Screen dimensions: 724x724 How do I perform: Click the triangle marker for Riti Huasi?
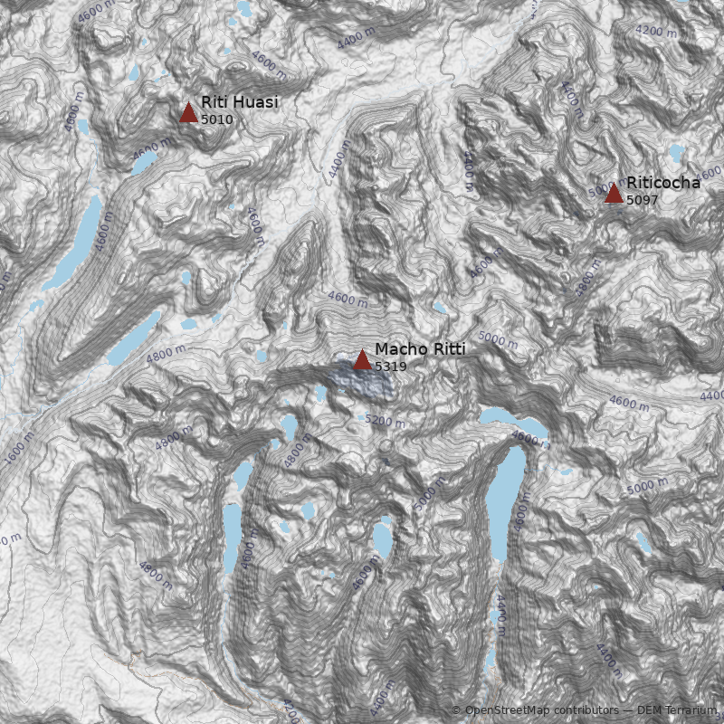pos(188,112)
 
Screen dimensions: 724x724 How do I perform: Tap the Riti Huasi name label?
pos(239,103)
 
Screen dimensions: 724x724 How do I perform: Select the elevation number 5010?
pos(217,119)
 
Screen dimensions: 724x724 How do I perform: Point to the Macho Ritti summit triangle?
pos(362,359)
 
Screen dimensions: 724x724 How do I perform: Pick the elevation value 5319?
pos(391,367)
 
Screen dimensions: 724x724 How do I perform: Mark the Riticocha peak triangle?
pos(614,192)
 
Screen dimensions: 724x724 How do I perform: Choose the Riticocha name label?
pos(662,183)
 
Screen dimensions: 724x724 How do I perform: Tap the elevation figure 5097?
pos(643,200)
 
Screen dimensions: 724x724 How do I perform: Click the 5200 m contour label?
pos(386,421)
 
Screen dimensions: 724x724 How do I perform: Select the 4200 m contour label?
pos(657,31)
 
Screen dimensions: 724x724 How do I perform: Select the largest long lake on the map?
pos(507,507)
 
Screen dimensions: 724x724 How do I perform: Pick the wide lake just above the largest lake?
pos(514,420)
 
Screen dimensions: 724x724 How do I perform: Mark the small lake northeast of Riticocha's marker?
pos(677,152)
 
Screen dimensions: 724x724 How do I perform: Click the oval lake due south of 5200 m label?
pos(383,540)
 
